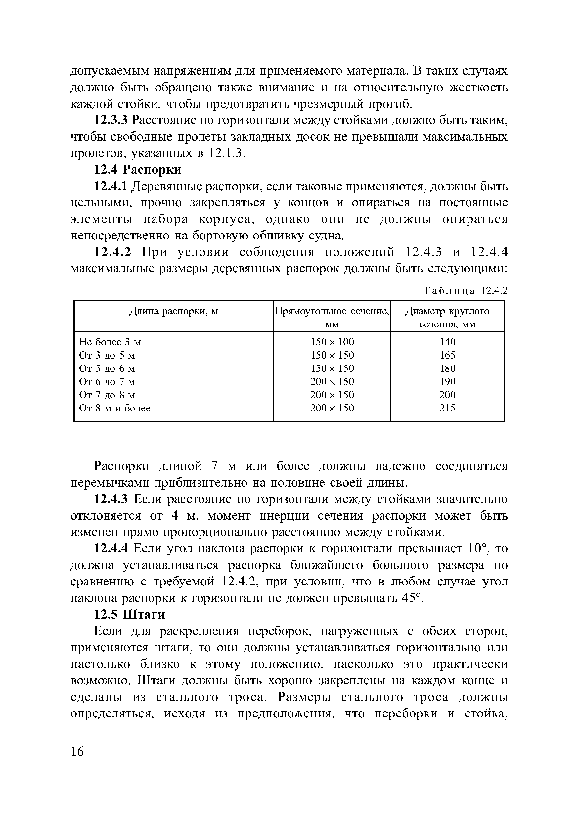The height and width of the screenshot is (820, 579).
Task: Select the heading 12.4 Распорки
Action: pos(137,170)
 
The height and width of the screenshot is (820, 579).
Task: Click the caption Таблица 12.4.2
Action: pos(466,291)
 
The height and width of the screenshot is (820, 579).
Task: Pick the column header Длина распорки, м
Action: pos(173,312)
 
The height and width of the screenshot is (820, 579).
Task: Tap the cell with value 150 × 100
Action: pos(332,342)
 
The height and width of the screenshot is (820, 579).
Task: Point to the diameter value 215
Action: pos(447,408)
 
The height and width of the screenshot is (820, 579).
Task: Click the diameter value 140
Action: pos(447,342)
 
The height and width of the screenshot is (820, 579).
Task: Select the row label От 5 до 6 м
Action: pos(107,368)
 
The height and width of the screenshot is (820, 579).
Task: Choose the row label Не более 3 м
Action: pos(110,342)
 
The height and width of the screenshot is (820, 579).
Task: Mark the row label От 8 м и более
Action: pos(115,408)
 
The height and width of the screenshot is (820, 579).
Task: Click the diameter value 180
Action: pos(447,368)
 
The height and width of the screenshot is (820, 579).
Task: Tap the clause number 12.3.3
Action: pos(111,120)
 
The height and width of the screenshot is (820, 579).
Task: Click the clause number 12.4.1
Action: pos(111,186)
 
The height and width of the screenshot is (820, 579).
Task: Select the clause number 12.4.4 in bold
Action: pos(111,548)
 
